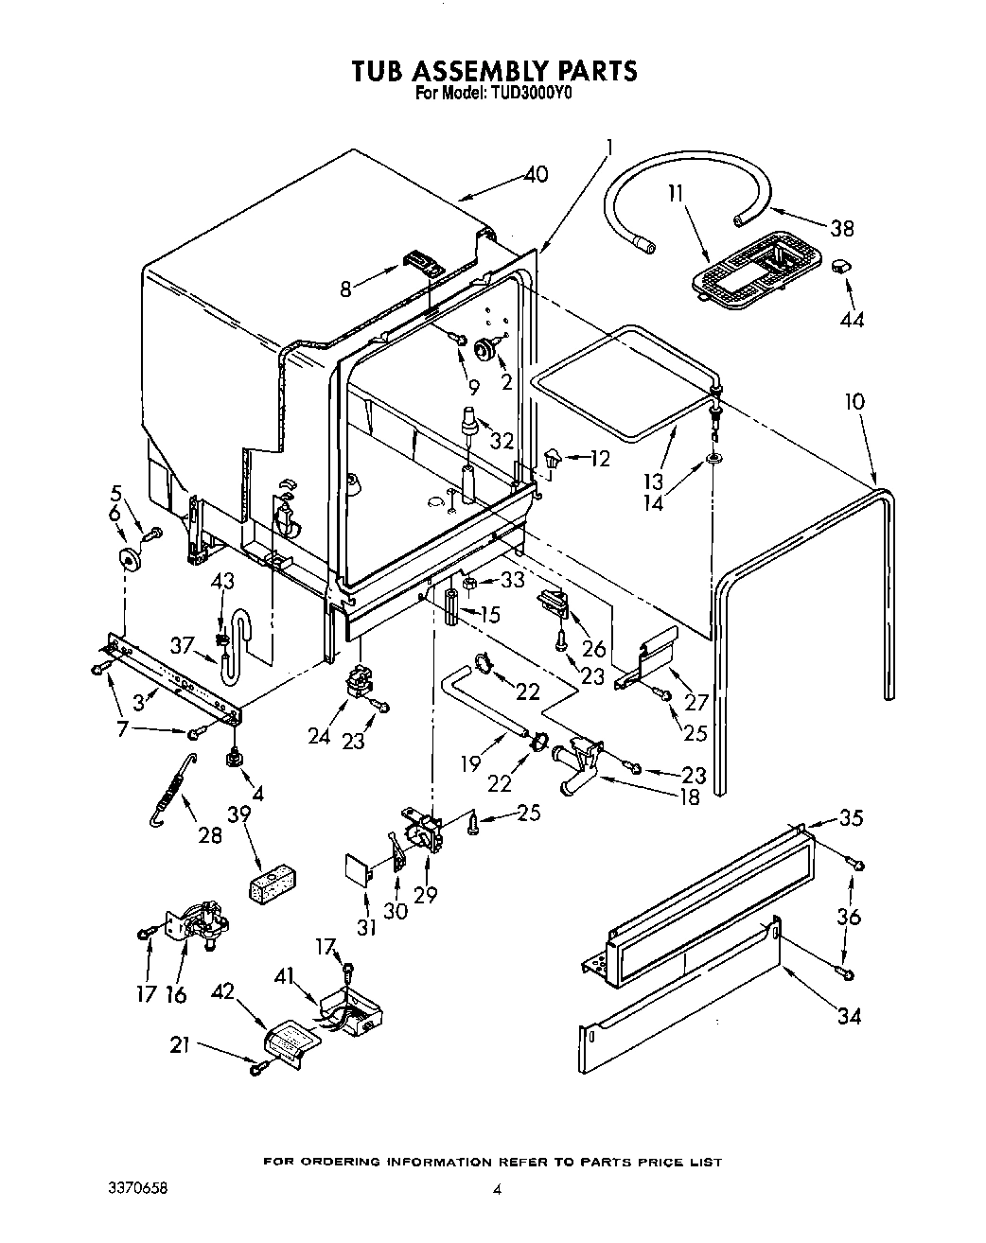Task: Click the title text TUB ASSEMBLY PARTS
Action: coord(493,71)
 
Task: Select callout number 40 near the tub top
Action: coord(536,174)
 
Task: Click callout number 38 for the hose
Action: coord(840,228)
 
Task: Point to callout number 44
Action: coord(851,320)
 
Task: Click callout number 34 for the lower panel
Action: coord(850,1016)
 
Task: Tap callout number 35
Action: coord(851,818)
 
